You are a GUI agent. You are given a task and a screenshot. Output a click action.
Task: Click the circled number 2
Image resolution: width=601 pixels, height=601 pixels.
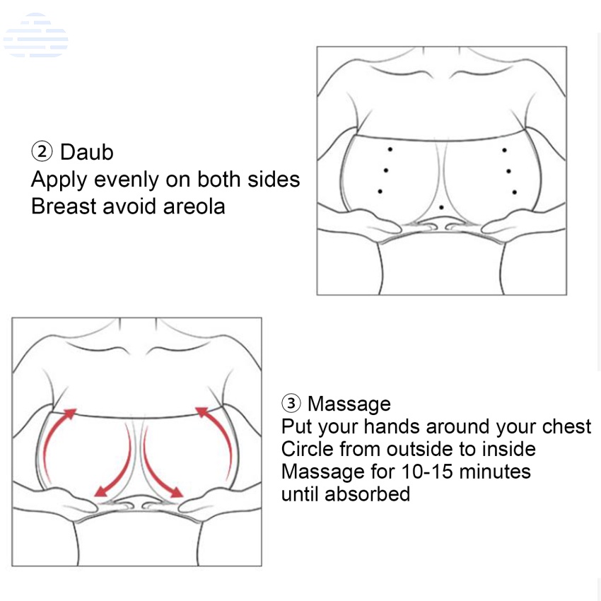point(42,151)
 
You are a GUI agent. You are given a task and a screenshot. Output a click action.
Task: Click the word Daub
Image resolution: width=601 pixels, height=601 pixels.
point(87,152)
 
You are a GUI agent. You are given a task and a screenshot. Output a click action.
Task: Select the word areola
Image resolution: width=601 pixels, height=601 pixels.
point(194,206)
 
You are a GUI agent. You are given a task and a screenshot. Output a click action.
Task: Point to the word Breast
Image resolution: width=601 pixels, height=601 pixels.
point(64,206)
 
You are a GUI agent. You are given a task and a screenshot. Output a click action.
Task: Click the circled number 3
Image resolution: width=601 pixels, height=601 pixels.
point(291,403)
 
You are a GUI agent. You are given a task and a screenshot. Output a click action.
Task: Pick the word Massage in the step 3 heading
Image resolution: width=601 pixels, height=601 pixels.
point(349,404)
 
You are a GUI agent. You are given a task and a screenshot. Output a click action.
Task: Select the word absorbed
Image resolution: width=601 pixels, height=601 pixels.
point(367,494)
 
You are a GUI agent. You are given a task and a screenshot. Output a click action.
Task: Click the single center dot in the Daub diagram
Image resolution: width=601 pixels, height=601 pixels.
point(441,207)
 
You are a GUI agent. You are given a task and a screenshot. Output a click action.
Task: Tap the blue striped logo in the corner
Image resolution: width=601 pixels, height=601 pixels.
point(35,35)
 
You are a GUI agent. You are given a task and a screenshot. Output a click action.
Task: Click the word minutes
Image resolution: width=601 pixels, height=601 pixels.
point(495,472)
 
